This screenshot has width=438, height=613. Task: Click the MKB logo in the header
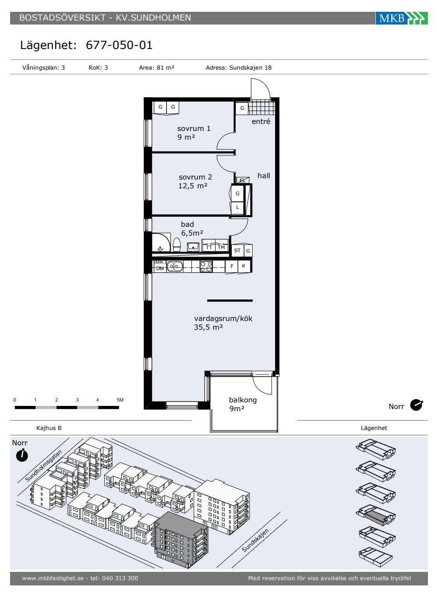(x=401, y=18)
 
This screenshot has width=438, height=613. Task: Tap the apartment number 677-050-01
(x=119, y=45)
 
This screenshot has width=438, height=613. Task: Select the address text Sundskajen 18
(x=250, y=67)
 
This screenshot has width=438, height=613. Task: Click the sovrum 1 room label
(x=194, y=128)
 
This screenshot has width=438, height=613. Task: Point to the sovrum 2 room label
(x=195, y=177)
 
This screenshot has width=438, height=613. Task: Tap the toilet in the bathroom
(x=177, y=244)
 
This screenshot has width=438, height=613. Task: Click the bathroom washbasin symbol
(x=193, y=247)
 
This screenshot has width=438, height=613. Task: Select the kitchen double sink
(x=175, y=266)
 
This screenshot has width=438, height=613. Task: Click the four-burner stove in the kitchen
(x=206, y=266)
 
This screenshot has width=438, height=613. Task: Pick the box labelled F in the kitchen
(x=232, y=266)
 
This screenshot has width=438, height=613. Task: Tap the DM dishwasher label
(x=160, y=268)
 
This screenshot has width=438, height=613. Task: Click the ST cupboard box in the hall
(x=237, y=250)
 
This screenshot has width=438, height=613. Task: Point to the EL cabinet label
(x=243, y=180)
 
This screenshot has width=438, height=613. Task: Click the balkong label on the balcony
(x=243, y=400)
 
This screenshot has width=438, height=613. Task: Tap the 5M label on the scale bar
(x=120, y=400)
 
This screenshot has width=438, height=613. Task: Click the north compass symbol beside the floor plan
(x=416, y=405)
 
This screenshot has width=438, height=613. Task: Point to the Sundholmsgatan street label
(x=43, y=465)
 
